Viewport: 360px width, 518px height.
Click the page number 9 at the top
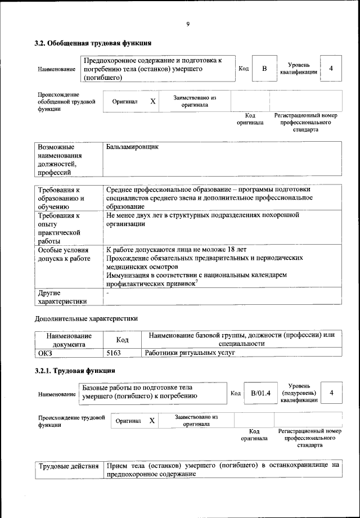[x=188, y=24]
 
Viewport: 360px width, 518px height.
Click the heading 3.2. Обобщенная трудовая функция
[x=93, y=43]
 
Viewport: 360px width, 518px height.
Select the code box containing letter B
[x=264, y=69]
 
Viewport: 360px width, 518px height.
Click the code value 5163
[x=114, y=353]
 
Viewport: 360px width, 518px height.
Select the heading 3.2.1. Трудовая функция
[x=75, y=371]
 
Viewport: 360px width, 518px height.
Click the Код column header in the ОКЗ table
[x=122, y=340]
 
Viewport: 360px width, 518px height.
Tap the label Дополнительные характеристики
[x=86, y=318]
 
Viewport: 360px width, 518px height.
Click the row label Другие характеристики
[x=62, y=297]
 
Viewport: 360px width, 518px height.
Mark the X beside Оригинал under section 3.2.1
[x=152, y=421]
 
